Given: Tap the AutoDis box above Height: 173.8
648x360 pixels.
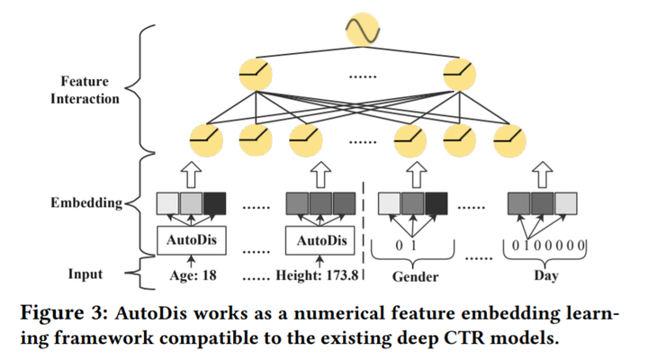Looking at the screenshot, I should tap(321, 240).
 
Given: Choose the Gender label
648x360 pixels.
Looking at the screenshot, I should tap(414, 276).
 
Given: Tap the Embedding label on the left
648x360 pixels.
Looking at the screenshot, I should tap(86, 203).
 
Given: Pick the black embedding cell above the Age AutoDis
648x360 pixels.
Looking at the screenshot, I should tap(217, 204).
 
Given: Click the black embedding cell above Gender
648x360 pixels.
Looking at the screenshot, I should tap(436, 204).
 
